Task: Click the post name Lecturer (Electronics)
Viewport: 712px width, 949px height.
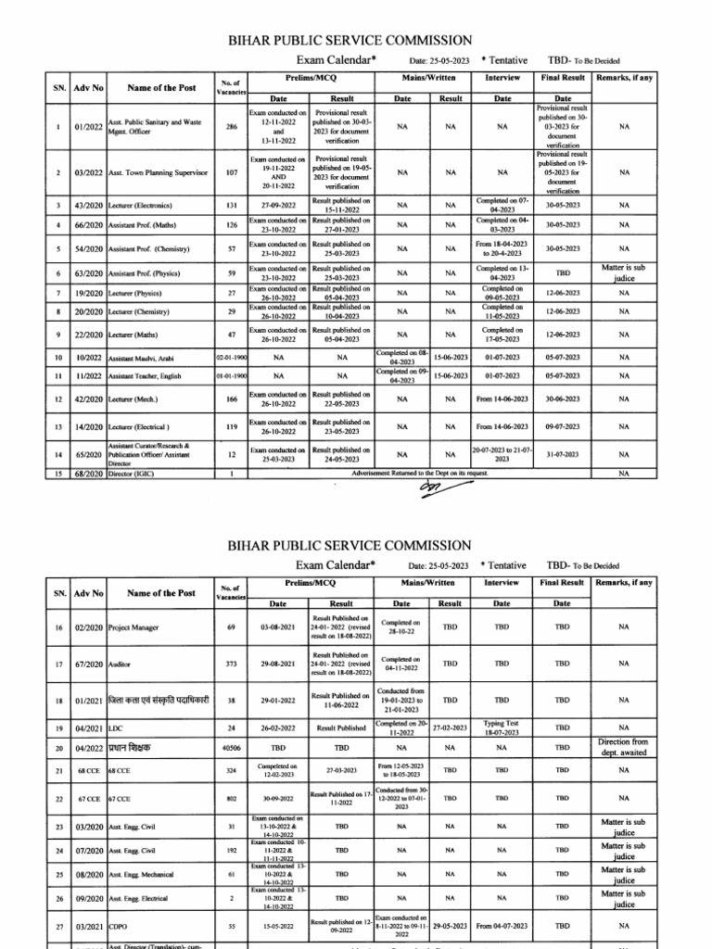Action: pos(140,205)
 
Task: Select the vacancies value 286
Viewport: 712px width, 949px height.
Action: pos(231,127)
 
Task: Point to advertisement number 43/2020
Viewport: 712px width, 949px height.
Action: pos(88,205)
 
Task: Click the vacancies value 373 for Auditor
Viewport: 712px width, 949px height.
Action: pos(231,664)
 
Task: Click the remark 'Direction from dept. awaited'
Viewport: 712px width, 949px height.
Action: pos(624,747)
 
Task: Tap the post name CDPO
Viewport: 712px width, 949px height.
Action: pos(120,926)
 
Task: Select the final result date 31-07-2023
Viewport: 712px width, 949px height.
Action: pos(563,454)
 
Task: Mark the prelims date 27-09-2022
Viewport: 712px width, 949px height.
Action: pos(278,205)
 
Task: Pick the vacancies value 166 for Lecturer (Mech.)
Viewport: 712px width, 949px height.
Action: pos(231,399)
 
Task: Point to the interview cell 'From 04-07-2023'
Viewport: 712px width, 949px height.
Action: pos(502,926)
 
